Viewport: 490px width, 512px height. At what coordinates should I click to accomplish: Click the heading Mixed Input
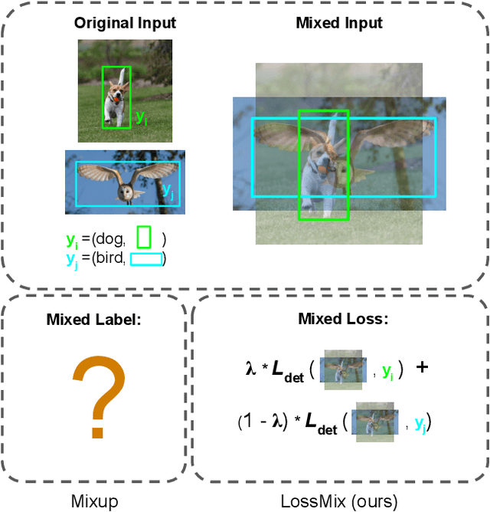tap(339, 23)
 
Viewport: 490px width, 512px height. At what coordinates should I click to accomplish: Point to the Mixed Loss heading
tap(341, 320)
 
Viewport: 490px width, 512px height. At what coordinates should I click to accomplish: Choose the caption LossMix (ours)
tap(340, 502)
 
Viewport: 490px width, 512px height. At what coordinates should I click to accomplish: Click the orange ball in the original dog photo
tap(116, 97)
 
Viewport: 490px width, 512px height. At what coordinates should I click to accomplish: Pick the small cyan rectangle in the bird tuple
tap(145, 259)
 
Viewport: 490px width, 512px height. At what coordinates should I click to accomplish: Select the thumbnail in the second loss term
tap(374, 421)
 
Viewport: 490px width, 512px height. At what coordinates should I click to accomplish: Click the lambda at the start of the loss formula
tap(250, 369)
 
